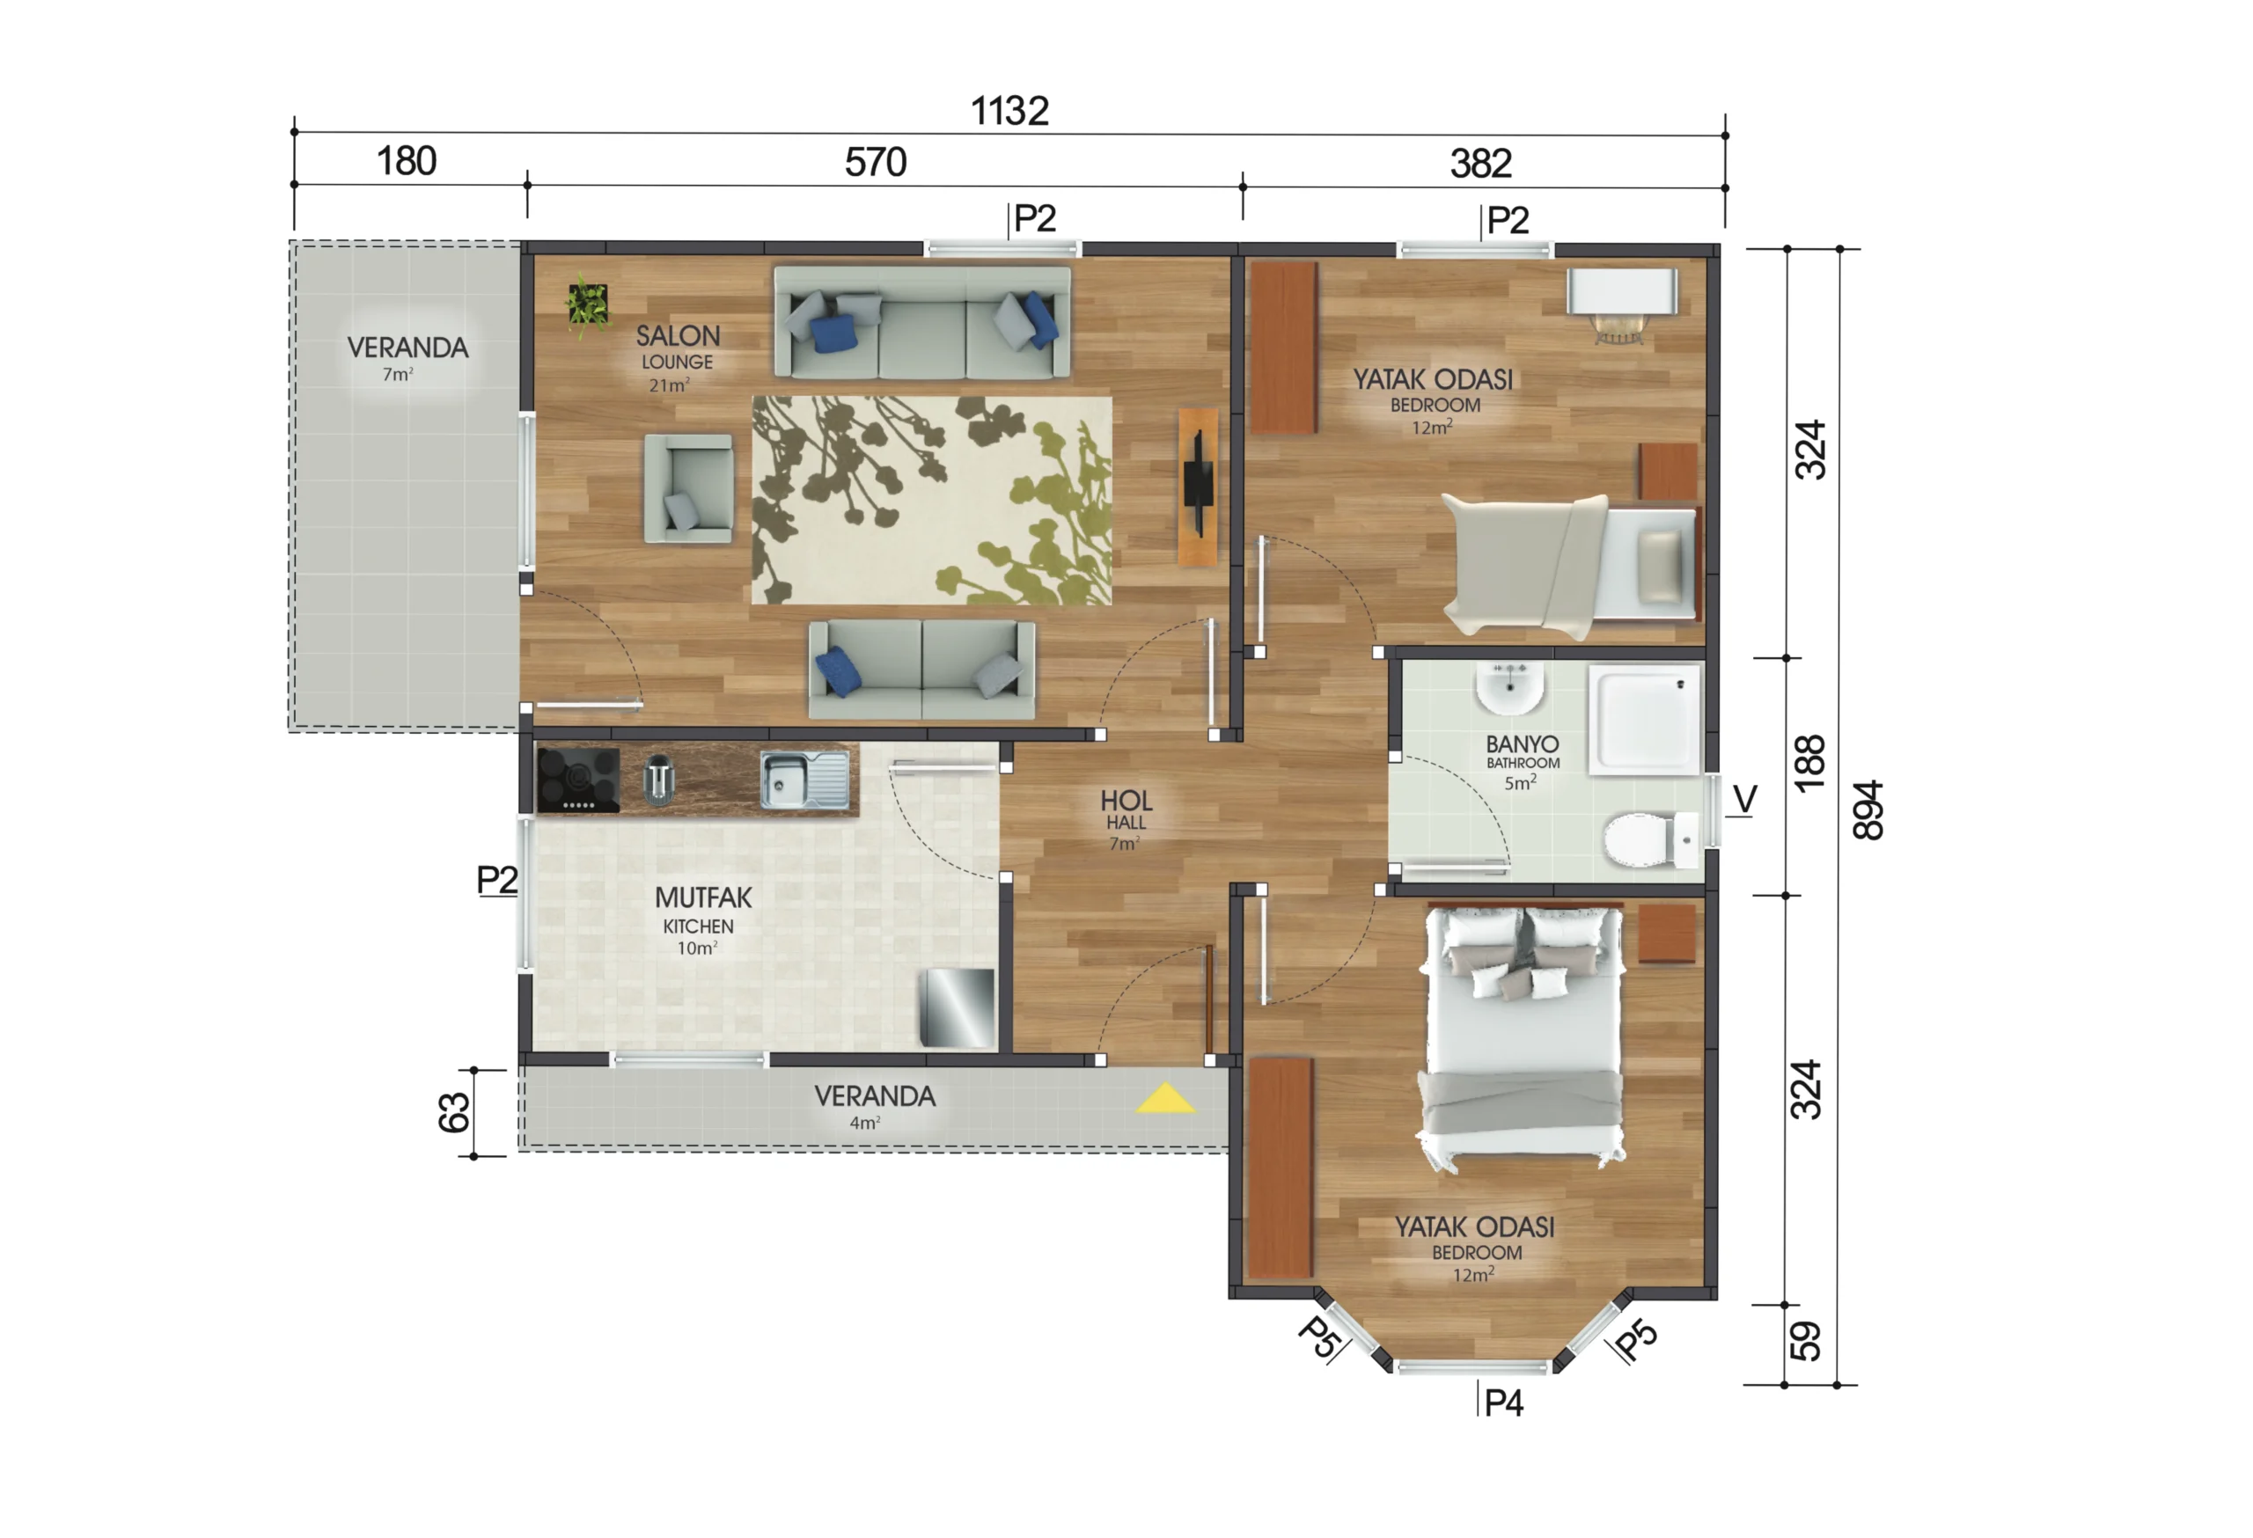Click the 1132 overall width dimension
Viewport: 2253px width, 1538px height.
point(1009,112)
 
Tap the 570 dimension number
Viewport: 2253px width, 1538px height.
point(876,162)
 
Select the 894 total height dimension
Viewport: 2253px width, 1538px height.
point(1868,809)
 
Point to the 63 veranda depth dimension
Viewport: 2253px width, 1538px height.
point(454,1112)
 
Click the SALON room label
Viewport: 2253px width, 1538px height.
point(678,335)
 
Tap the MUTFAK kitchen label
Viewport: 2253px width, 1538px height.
point(703,897)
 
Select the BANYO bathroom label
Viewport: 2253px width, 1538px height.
point(1522,744)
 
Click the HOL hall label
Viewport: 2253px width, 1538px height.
point(1126,801)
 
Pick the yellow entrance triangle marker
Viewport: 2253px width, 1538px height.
point(1165,1098)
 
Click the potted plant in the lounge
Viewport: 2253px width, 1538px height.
point(588,304)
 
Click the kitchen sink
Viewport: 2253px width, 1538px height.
point(804,780)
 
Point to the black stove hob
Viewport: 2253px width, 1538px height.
point(579,780)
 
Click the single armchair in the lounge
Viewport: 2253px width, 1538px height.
point(688,488)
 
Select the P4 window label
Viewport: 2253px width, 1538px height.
point(1504,1403)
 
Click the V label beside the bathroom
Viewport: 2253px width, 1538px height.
point(1744,800)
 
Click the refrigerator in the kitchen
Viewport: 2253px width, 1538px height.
point(958,1008)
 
